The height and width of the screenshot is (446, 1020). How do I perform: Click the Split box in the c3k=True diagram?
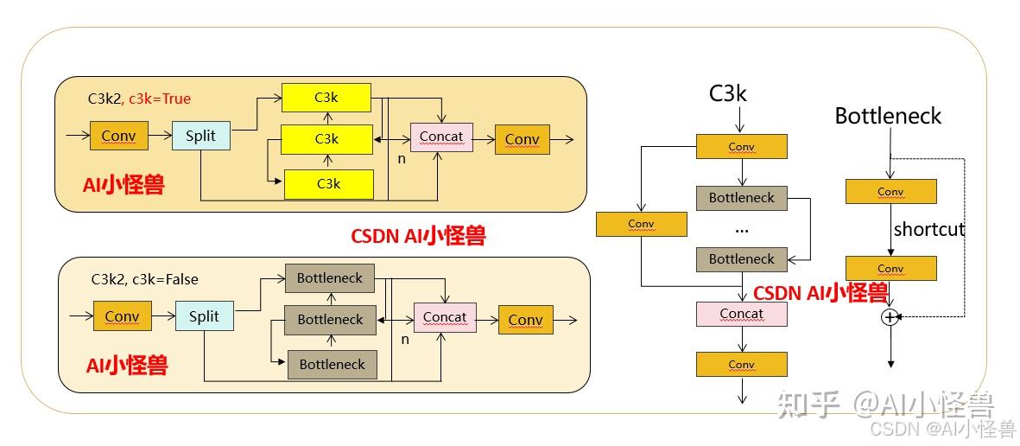tap(201, 137)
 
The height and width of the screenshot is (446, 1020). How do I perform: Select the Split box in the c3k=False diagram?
tap(204, 316)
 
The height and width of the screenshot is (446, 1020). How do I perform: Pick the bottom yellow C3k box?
tap(328, 184)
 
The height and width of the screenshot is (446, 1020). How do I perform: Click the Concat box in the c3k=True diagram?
tap(440, 137)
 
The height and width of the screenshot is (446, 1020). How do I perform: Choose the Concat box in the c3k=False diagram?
tap(445, 317)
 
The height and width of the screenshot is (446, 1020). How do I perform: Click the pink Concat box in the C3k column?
tap(741, 314)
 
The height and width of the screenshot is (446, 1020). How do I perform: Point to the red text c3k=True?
tap(160, 99)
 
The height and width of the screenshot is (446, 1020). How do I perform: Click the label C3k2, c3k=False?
tap(145, 279)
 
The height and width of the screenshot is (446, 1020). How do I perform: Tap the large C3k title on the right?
tap(727, 92)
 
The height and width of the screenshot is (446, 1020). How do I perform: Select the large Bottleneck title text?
tap(888, 116)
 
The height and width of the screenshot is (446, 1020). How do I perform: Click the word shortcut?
tap(928, 230)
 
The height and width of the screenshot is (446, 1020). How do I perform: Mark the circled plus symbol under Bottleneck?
tap(890, 317)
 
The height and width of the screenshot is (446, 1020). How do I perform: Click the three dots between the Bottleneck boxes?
tap(741, 231)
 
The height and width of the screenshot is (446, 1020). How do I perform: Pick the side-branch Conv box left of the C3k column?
tap(641, 224)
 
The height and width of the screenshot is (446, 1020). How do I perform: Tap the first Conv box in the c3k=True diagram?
tap(118, 137)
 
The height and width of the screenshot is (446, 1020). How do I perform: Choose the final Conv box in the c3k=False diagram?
tap(525, 320)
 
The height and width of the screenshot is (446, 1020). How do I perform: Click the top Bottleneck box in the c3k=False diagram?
tap(330, 278)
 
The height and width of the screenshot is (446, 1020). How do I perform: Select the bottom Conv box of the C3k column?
tap(741, 364)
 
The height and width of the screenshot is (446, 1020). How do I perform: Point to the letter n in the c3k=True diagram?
tap(401, 160)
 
